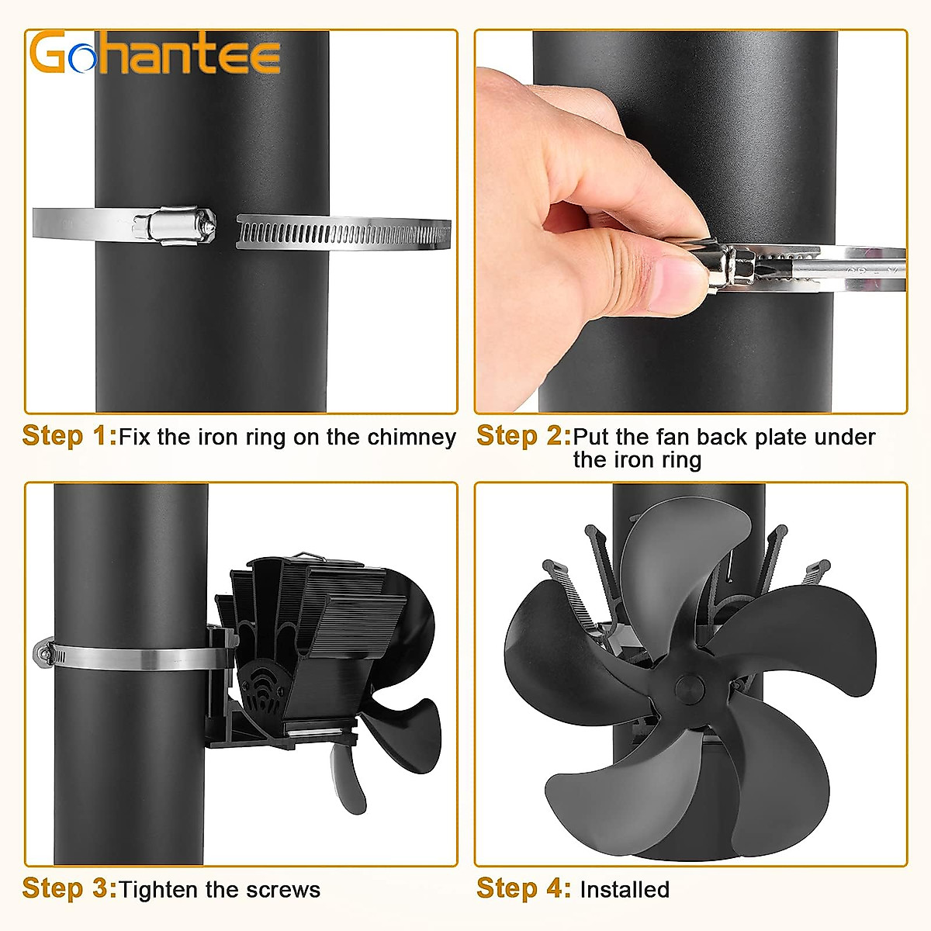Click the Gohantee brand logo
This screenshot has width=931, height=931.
[154, 53]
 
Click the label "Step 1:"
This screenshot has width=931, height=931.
[69, 436]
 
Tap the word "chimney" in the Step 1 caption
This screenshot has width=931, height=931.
[411, 437]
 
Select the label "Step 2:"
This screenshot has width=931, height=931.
[523, 436]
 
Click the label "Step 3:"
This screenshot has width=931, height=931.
[69, 888]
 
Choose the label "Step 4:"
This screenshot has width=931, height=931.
[523, 888]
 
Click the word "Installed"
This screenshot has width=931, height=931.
[625, 889]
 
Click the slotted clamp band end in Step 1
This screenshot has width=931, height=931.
[341, 233]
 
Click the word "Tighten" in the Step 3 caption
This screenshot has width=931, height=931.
[159, 889]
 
